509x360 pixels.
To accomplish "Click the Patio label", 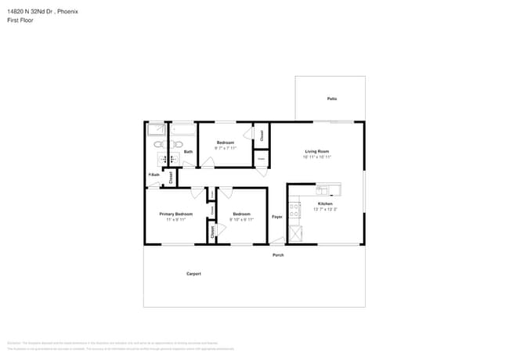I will (x=332, y=99).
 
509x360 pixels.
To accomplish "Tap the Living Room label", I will (x=316, y=151).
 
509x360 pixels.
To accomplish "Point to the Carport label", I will (x=193, y=274).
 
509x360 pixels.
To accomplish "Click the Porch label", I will (x=278, y=255).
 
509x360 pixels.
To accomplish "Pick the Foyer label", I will (x=276, y=216).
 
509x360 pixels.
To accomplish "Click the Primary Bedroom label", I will (x=175, y=214).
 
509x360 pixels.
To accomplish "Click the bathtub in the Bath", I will (x=183, y=130).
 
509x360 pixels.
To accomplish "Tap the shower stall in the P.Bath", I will (x=155, y=130).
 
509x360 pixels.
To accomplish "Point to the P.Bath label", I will (x=154, y=175).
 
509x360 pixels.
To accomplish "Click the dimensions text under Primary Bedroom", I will (x=175, y=220).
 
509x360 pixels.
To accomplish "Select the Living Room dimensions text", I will (x=316, y=157).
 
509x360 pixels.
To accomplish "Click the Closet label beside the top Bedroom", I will (x=262, y=135).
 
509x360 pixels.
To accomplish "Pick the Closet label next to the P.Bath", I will (x=171, y=178).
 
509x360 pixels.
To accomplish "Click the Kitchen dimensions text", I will (x=325, y=209).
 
